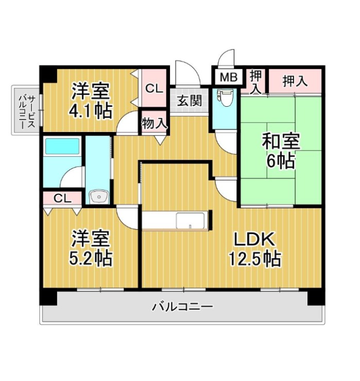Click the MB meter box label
tap(229, 77)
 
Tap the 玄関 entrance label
tap(190, 101)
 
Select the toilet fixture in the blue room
tap(225, 97)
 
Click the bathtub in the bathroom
tap(63, 146)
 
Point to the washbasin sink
tap(98, 196)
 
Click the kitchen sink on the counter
tap(190, 221)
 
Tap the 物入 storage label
tap(155, 123)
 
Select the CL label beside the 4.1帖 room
tap(154, 89)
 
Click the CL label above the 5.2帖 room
tap(62, 199)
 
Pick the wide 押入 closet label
tap(295, 81)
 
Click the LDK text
tap(254, 240)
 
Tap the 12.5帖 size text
tap(255, 259)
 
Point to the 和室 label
tap(281, 141)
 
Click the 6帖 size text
tap(281, 161)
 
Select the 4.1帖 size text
tap(91, 111)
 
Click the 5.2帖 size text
tap(91, 258)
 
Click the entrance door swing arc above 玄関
tap(192, 68)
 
